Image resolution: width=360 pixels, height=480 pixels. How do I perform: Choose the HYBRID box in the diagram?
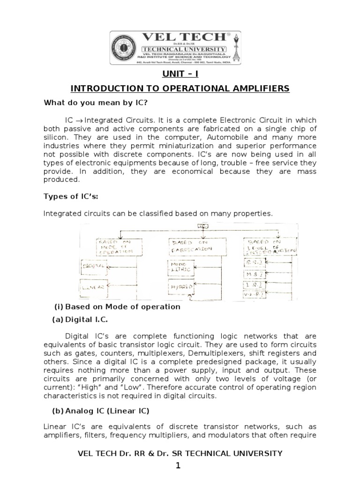coord(181,286)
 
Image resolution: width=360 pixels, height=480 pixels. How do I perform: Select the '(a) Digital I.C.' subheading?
coord(81,319)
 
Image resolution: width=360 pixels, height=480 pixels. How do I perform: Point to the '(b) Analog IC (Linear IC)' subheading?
coord(99,411)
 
